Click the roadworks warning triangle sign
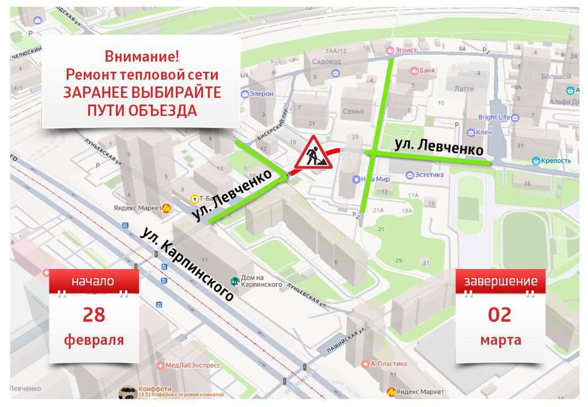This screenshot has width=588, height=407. coord(313,154)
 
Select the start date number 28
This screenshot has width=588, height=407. coord(94,314)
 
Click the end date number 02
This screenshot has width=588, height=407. coord(500,314)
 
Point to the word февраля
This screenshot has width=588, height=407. coord(94,340)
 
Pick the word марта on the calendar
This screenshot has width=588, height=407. coord(500,340)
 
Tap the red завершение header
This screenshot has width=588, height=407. coord(500,282)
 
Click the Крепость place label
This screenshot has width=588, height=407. coord(556,161)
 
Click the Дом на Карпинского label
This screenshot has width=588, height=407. coord(261,280)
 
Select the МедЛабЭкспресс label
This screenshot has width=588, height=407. coord(192,366)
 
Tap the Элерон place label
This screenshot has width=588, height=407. coord(261,94)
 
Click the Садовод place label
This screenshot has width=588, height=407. coord(326,62)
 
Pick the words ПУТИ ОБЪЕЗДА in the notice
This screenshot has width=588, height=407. coord(142,110)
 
